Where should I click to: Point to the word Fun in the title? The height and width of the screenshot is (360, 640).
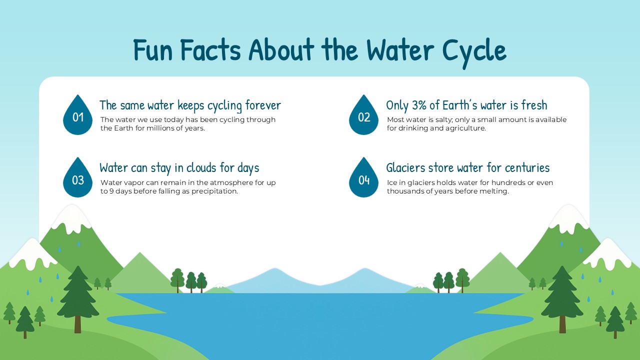(x=153, y=50)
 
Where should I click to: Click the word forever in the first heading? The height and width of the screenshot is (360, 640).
(x=263, y=105)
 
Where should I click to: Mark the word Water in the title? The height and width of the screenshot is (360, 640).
(x=401, y=50)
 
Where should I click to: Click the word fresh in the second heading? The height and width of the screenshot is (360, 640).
(x=534, y=105)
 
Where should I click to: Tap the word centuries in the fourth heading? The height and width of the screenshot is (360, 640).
(x=527, y=167)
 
